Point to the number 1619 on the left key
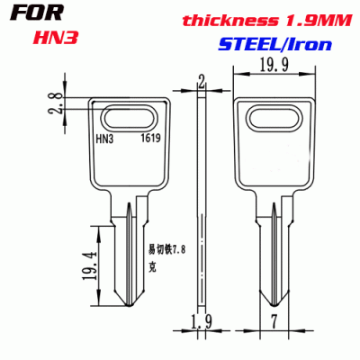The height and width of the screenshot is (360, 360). click(150, 139)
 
